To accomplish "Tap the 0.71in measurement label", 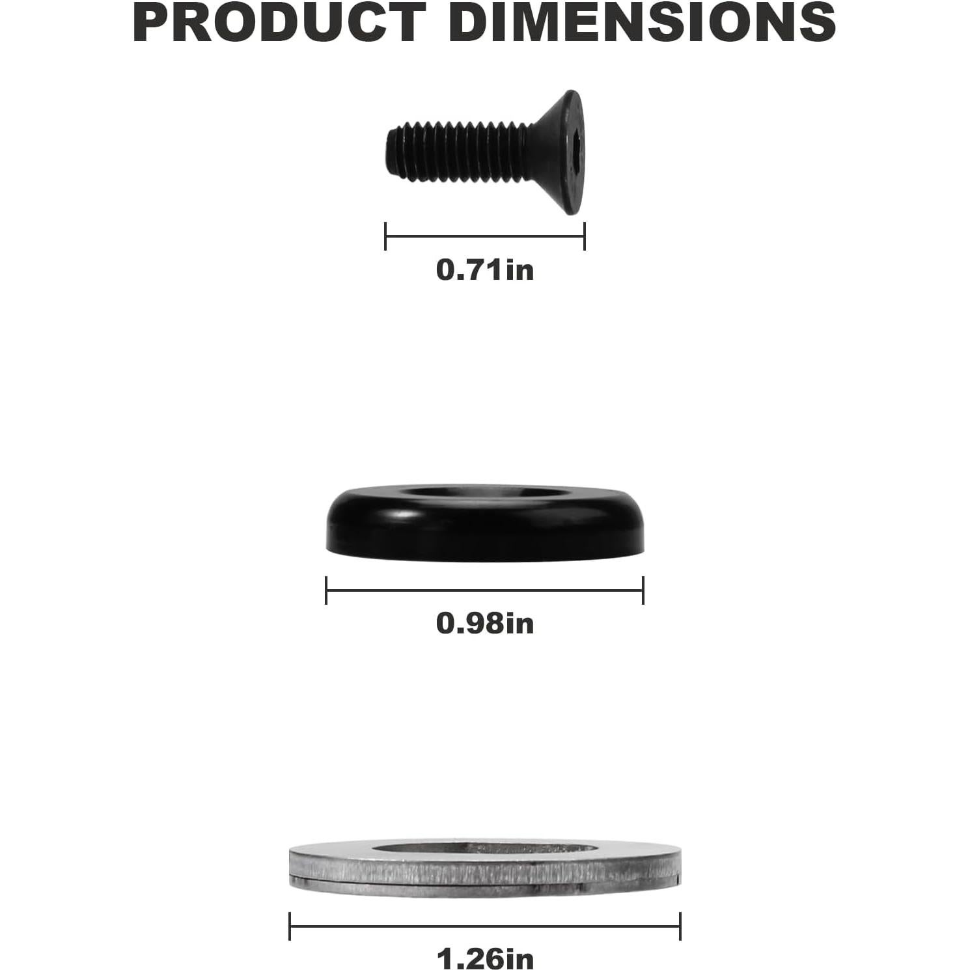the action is pos(485,270).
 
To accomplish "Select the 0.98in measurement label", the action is pos(485,623).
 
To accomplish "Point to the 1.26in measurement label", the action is pos(485,958).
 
